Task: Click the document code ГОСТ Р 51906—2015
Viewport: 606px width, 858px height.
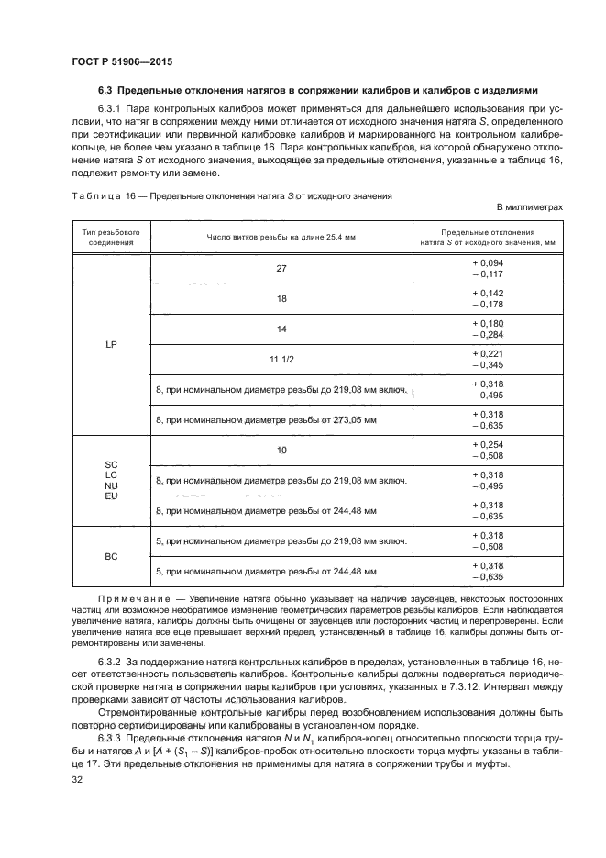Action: coord(121,61)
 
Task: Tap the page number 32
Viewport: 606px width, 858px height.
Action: coord(77,781)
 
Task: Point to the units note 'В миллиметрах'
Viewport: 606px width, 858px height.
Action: coord(529,208)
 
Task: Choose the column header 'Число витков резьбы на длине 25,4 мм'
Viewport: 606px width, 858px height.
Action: coord(281,238)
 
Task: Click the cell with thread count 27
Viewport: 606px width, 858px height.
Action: coord(281,268)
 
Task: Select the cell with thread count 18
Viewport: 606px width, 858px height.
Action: coord(281,298)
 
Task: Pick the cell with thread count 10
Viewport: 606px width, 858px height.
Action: coord(281,450)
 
